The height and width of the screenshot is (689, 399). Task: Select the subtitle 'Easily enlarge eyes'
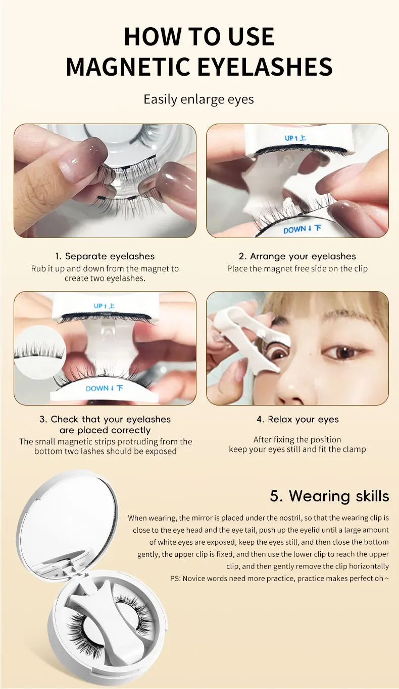[198, 100]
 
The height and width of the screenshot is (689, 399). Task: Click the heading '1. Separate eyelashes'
[105, 256]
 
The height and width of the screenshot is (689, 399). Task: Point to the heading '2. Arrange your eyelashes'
[297, 256]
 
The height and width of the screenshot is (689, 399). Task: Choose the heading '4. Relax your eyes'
[297, 419]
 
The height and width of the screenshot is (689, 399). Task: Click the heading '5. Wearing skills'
[329, 496]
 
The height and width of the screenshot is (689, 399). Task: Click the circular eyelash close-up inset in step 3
[39, 352]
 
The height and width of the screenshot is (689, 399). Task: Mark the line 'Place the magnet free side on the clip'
[297, 269]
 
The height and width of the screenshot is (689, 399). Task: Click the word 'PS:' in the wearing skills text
[175, 579]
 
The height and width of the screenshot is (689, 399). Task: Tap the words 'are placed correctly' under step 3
[105, 430]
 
